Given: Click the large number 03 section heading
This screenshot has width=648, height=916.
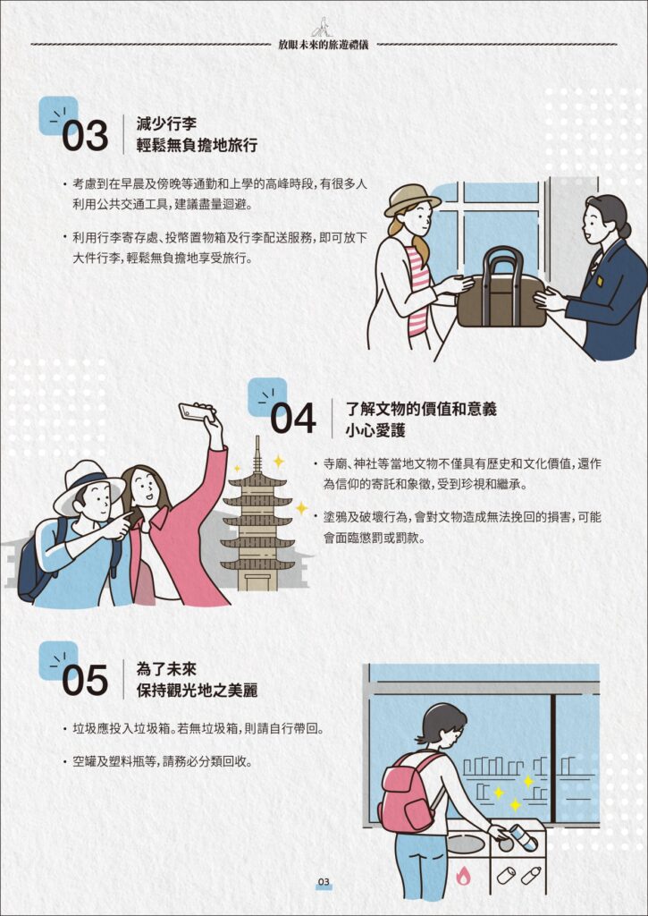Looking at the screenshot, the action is click(85, 136).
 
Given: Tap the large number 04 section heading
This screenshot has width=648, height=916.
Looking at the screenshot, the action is click(294, 419).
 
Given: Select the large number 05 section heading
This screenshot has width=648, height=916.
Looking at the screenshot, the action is click(85, 681).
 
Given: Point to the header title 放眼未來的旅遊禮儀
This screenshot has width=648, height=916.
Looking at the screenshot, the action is click(324, 45).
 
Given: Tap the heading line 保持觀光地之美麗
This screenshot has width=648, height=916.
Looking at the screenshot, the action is click(197, 690).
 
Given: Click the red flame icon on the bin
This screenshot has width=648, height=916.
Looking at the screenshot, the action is click(463, 875).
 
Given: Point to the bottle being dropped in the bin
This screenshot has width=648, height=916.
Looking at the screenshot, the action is click(523, 836).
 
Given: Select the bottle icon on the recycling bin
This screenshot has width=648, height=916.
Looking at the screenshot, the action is click(531, 875).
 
